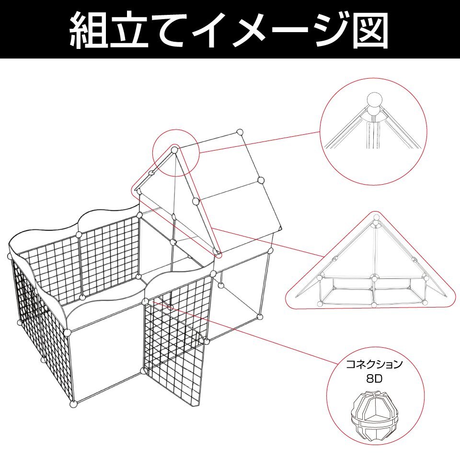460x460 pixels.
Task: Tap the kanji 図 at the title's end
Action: (x=370, y=30)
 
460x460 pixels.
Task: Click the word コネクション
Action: (x=374, y=365)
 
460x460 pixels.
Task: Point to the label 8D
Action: (x=374, y=379)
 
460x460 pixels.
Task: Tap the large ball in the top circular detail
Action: (x=375, y=102)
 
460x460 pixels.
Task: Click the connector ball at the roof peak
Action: (x=174, y=150)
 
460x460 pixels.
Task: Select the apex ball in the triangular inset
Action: (x=377, y=218)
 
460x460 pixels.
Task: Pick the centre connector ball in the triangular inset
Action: (x=374, y=278)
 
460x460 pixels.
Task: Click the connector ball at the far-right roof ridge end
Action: (x=240, y=132)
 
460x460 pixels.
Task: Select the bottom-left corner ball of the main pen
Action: (x=74, y=404)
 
